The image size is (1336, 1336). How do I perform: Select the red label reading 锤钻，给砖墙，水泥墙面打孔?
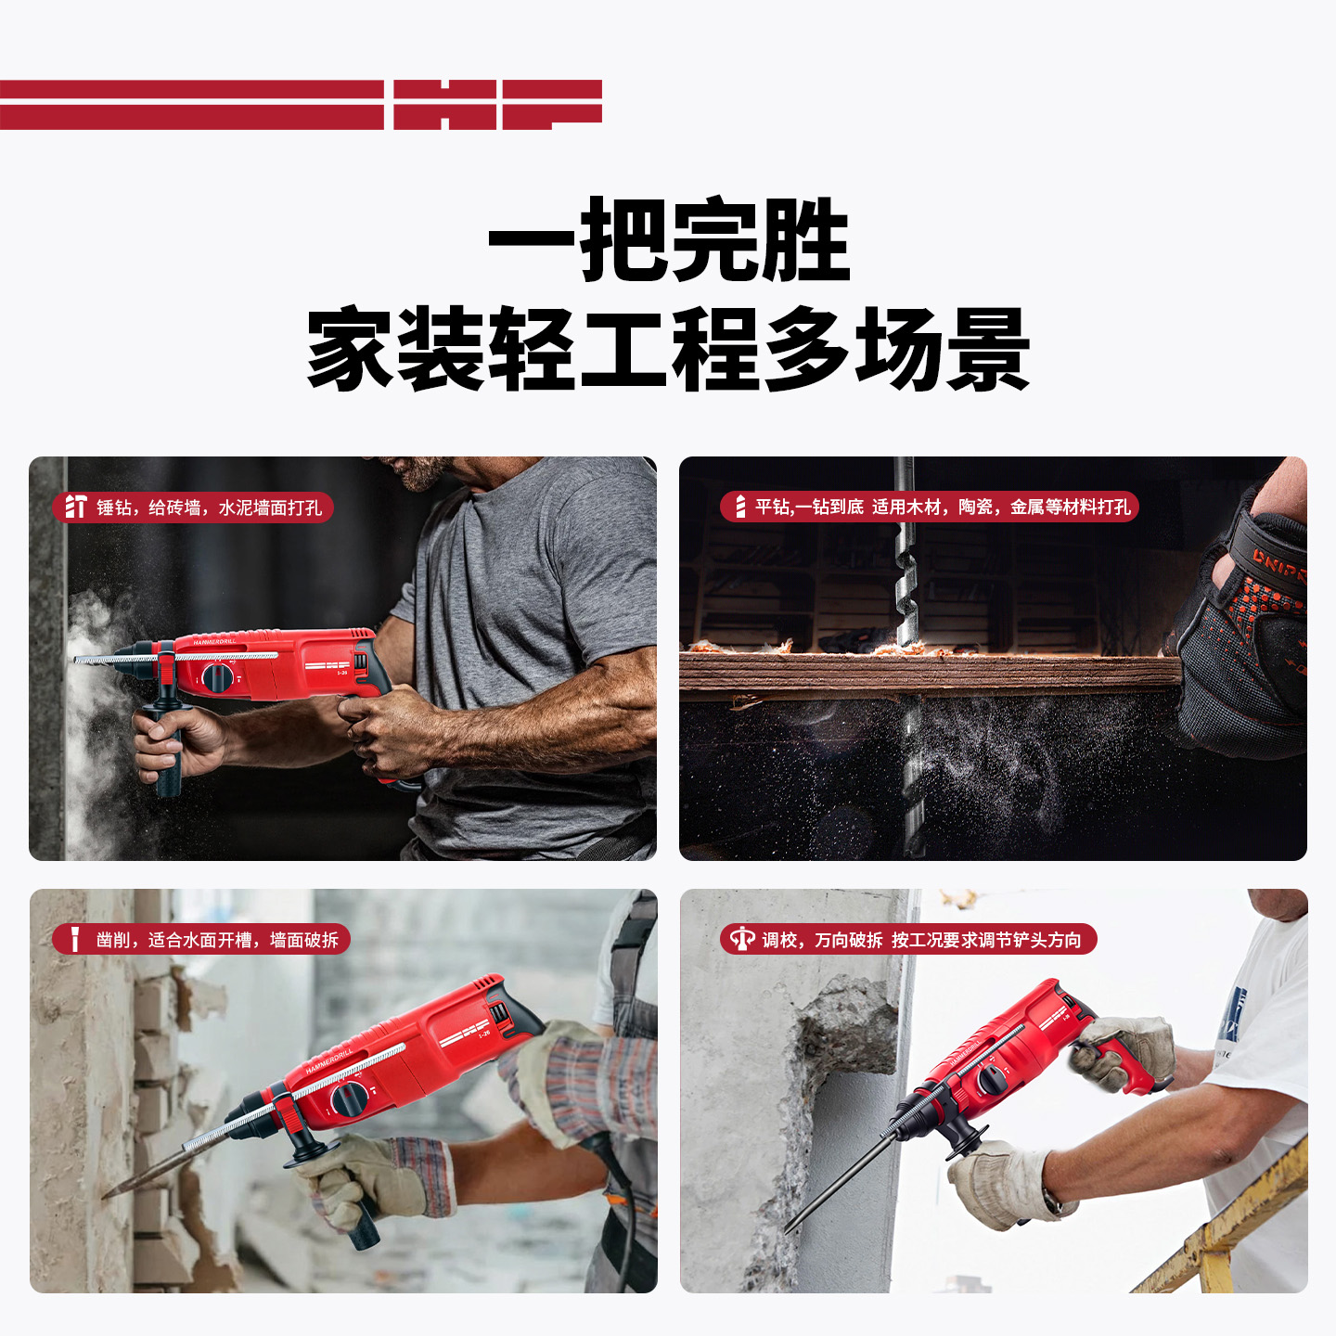pyautogui.click(x=193, y=507)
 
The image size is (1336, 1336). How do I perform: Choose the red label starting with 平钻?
pyautogui.click(x=929, y=507)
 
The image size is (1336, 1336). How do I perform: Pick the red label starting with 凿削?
pyautogui.click(x=201, y=940)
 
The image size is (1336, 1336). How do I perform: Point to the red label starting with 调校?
pyautogui.click(x=908, y=940)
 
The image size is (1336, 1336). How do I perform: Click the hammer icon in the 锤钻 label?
pyautogui.click(x=75, y=507)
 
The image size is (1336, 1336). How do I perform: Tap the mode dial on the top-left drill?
pyautogui.click(x=217, y=677)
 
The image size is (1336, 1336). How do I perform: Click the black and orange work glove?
pyautogui.click(x=1244, y=624)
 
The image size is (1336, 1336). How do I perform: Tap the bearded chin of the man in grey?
pyautogui.click(x=419, y=476)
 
